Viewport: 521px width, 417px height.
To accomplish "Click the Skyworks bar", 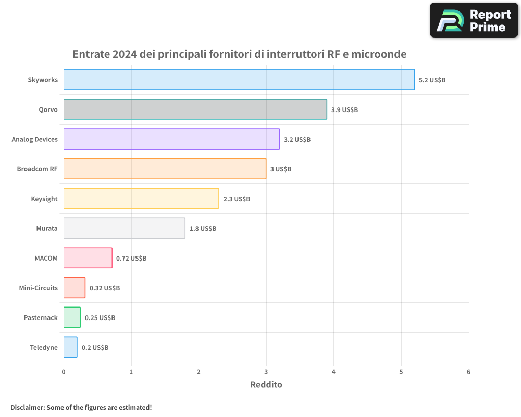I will click(x=239, y=80).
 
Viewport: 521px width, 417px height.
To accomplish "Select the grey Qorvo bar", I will click(x=195, y=109).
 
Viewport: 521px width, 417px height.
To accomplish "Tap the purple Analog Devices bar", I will click(x=171, y=139).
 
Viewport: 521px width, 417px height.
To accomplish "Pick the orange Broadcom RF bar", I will click(x=165, y=169).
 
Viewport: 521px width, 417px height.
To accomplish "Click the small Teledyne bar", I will click(x=70, y=347).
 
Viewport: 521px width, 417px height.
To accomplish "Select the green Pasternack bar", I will click(x=72, y=317).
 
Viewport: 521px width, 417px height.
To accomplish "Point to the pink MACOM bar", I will click(x=88, y=258).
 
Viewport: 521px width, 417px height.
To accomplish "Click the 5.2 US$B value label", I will click(x=432, y=80).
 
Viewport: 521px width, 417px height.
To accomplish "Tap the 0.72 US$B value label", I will click(x=131, y=259).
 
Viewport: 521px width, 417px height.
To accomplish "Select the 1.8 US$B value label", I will click(x=203, y=229).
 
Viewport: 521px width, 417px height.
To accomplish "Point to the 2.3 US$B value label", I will click(x=237, y=199).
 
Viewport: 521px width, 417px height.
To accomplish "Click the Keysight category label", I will click(x=44, y=199).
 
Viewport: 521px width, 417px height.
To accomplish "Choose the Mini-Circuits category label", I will click(x=39, y=288).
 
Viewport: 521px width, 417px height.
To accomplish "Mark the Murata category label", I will click(x=47, y=229).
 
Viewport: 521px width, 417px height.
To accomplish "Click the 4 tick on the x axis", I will click(x=333, y=372).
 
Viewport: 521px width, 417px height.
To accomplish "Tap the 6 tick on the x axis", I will click(x=468, y=372).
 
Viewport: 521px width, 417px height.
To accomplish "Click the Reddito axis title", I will click(x=266, y=385).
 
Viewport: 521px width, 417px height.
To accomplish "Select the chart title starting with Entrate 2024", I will click(x=239, y=54).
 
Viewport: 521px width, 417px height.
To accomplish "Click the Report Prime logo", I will click(x=474, y=20).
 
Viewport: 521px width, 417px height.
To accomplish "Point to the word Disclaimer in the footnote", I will click(x=27, y=408).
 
